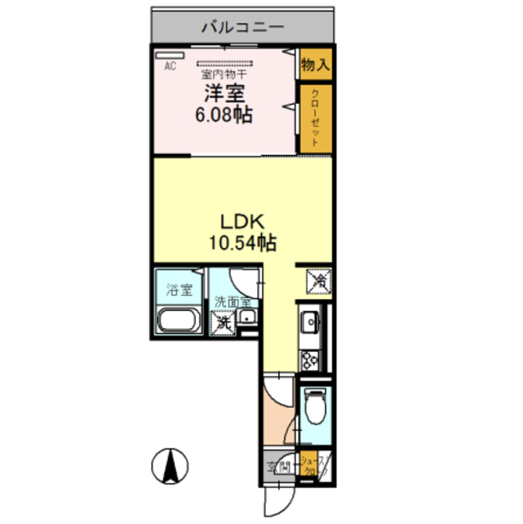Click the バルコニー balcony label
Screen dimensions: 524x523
pos(243,28)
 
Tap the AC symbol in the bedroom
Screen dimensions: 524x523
pos(171,67)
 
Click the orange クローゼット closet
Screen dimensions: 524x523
pos(315,119)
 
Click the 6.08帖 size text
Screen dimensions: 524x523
pos(223,115)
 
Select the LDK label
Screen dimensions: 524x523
pos(243,221)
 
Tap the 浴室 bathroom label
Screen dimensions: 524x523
pos(178,289)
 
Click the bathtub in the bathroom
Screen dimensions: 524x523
pos(178,322)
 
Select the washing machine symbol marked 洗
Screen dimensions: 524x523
pos(223,323)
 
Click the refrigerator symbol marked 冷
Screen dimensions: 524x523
pos(318,282)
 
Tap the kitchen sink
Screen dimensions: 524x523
pos(312,327)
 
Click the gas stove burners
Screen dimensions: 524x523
pos(312,359)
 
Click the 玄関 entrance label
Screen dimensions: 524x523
pos(278,468)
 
